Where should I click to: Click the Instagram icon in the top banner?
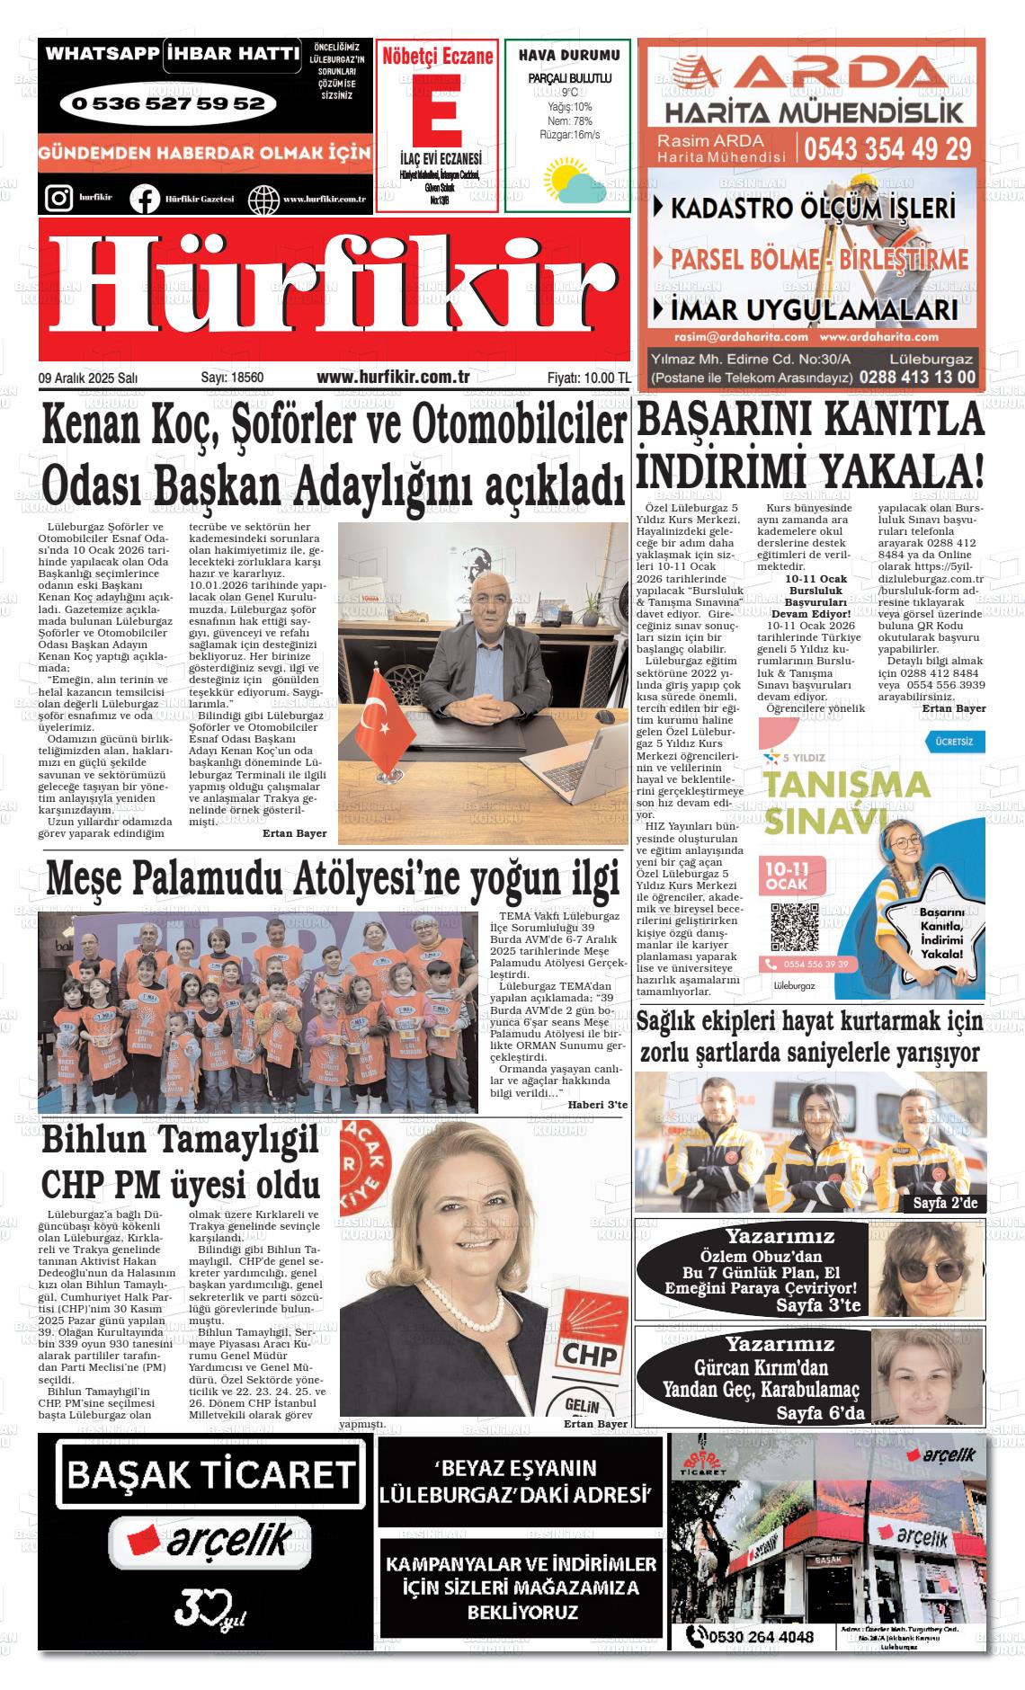pyautogui.click(x=58, y=198)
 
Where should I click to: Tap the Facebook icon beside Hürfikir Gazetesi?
pyautogui.click(x=145, y=199)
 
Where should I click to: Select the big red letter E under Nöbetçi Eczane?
pyautogui.click(x=435, y=108)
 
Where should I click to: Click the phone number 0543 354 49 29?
pyautogui.click(x=887, y=148)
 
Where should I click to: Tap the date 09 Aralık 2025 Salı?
pyautogui.click(x=88, y=378)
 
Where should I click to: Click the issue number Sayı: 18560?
pyautogui.click(x=232, y=378)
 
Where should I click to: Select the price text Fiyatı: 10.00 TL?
pyautogui.click(x=588, y=378)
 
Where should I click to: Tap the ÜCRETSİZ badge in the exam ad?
pyautogui.click(x=955, y=742)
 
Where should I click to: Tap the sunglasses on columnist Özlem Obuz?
pyautogui.click(x=924, y=1271)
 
